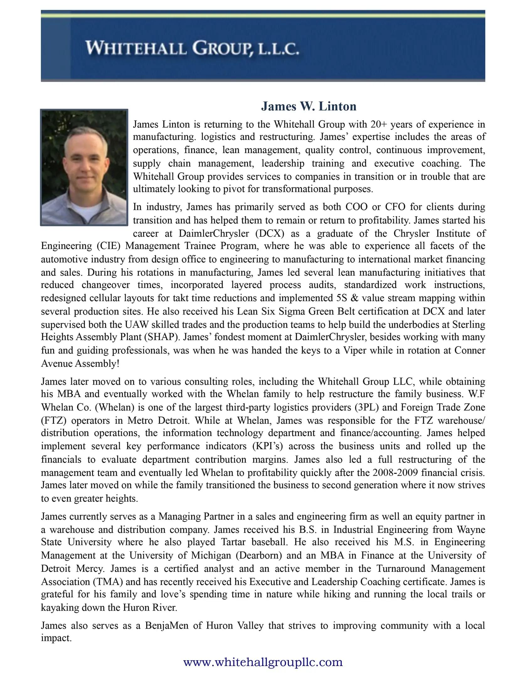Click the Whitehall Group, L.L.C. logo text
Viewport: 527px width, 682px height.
point(192,49)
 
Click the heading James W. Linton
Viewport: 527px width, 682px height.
point(309,106)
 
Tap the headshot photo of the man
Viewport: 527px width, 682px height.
point(84,167)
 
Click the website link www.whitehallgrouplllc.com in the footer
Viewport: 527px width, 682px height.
point(263,662)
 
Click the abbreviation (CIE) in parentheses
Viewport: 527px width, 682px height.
point(109,246)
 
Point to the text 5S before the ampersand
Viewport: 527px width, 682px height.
point(341,298)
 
